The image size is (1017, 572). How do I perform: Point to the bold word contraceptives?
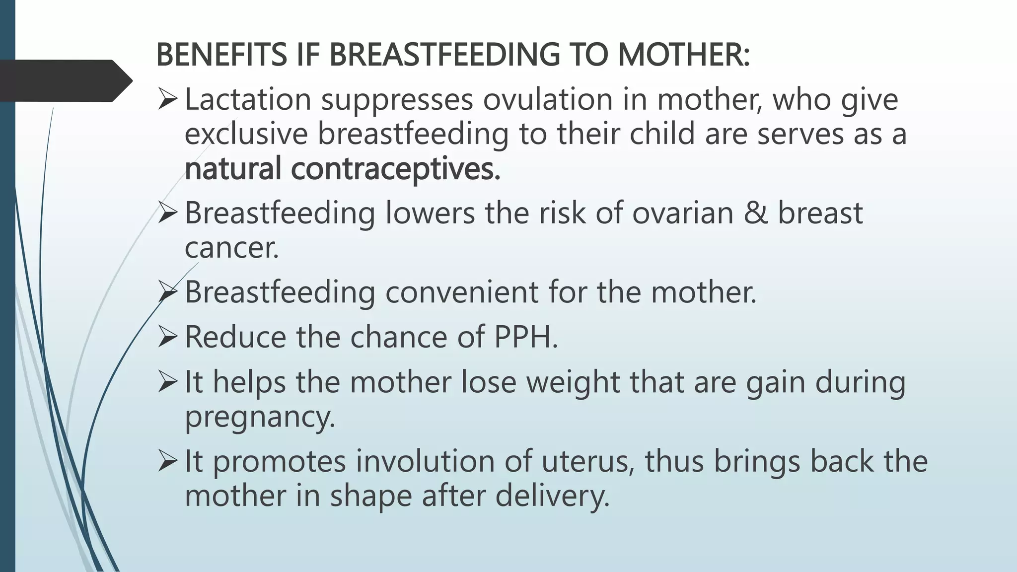click(x=395, y=169)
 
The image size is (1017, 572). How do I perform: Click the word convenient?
click(x=462, y=292)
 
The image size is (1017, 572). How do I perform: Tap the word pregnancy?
click(x=260, y=417)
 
